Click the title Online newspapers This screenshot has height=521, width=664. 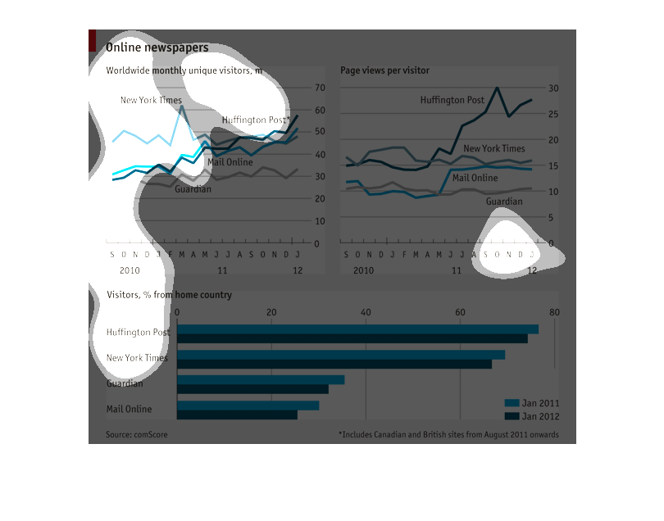(x=157, y=48)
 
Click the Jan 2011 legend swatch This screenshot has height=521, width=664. (x=512, y=403)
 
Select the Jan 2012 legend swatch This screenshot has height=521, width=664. (x=512, y=416)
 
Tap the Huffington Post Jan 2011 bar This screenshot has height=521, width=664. (x=357, y=329)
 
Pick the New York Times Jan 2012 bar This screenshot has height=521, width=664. (x=334, y=364)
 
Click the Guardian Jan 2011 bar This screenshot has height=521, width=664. (x=261, y=380)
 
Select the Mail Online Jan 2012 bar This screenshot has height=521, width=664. (x=237, y=415)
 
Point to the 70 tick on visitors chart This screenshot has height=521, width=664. (x=321, y=88)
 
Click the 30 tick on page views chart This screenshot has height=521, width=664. (x=553, y=88)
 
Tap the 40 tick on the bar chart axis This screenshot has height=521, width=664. (x=366, y=312)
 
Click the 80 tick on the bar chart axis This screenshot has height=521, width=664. (x=554, y=312)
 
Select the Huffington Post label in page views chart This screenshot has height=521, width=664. (x=453, y=100)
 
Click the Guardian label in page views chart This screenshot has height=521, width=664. (x=504, y=202)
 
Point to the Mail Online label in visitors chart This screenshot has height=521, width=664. (x=230, y=162)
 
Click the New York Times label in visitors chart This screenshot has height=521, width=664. (x=151, y=101)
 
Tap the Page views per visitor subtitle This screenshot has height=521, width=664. (x=384, y=70)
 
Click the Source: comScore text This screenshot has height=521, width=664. (x=136, y=435)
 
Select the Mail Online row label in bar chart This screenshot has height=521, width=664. (x=129, y=409)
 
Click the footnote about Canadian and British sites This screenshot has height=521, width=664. (x=448, y=435)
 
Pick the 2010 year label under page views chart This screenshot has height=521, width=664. (x=363, y=270)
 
